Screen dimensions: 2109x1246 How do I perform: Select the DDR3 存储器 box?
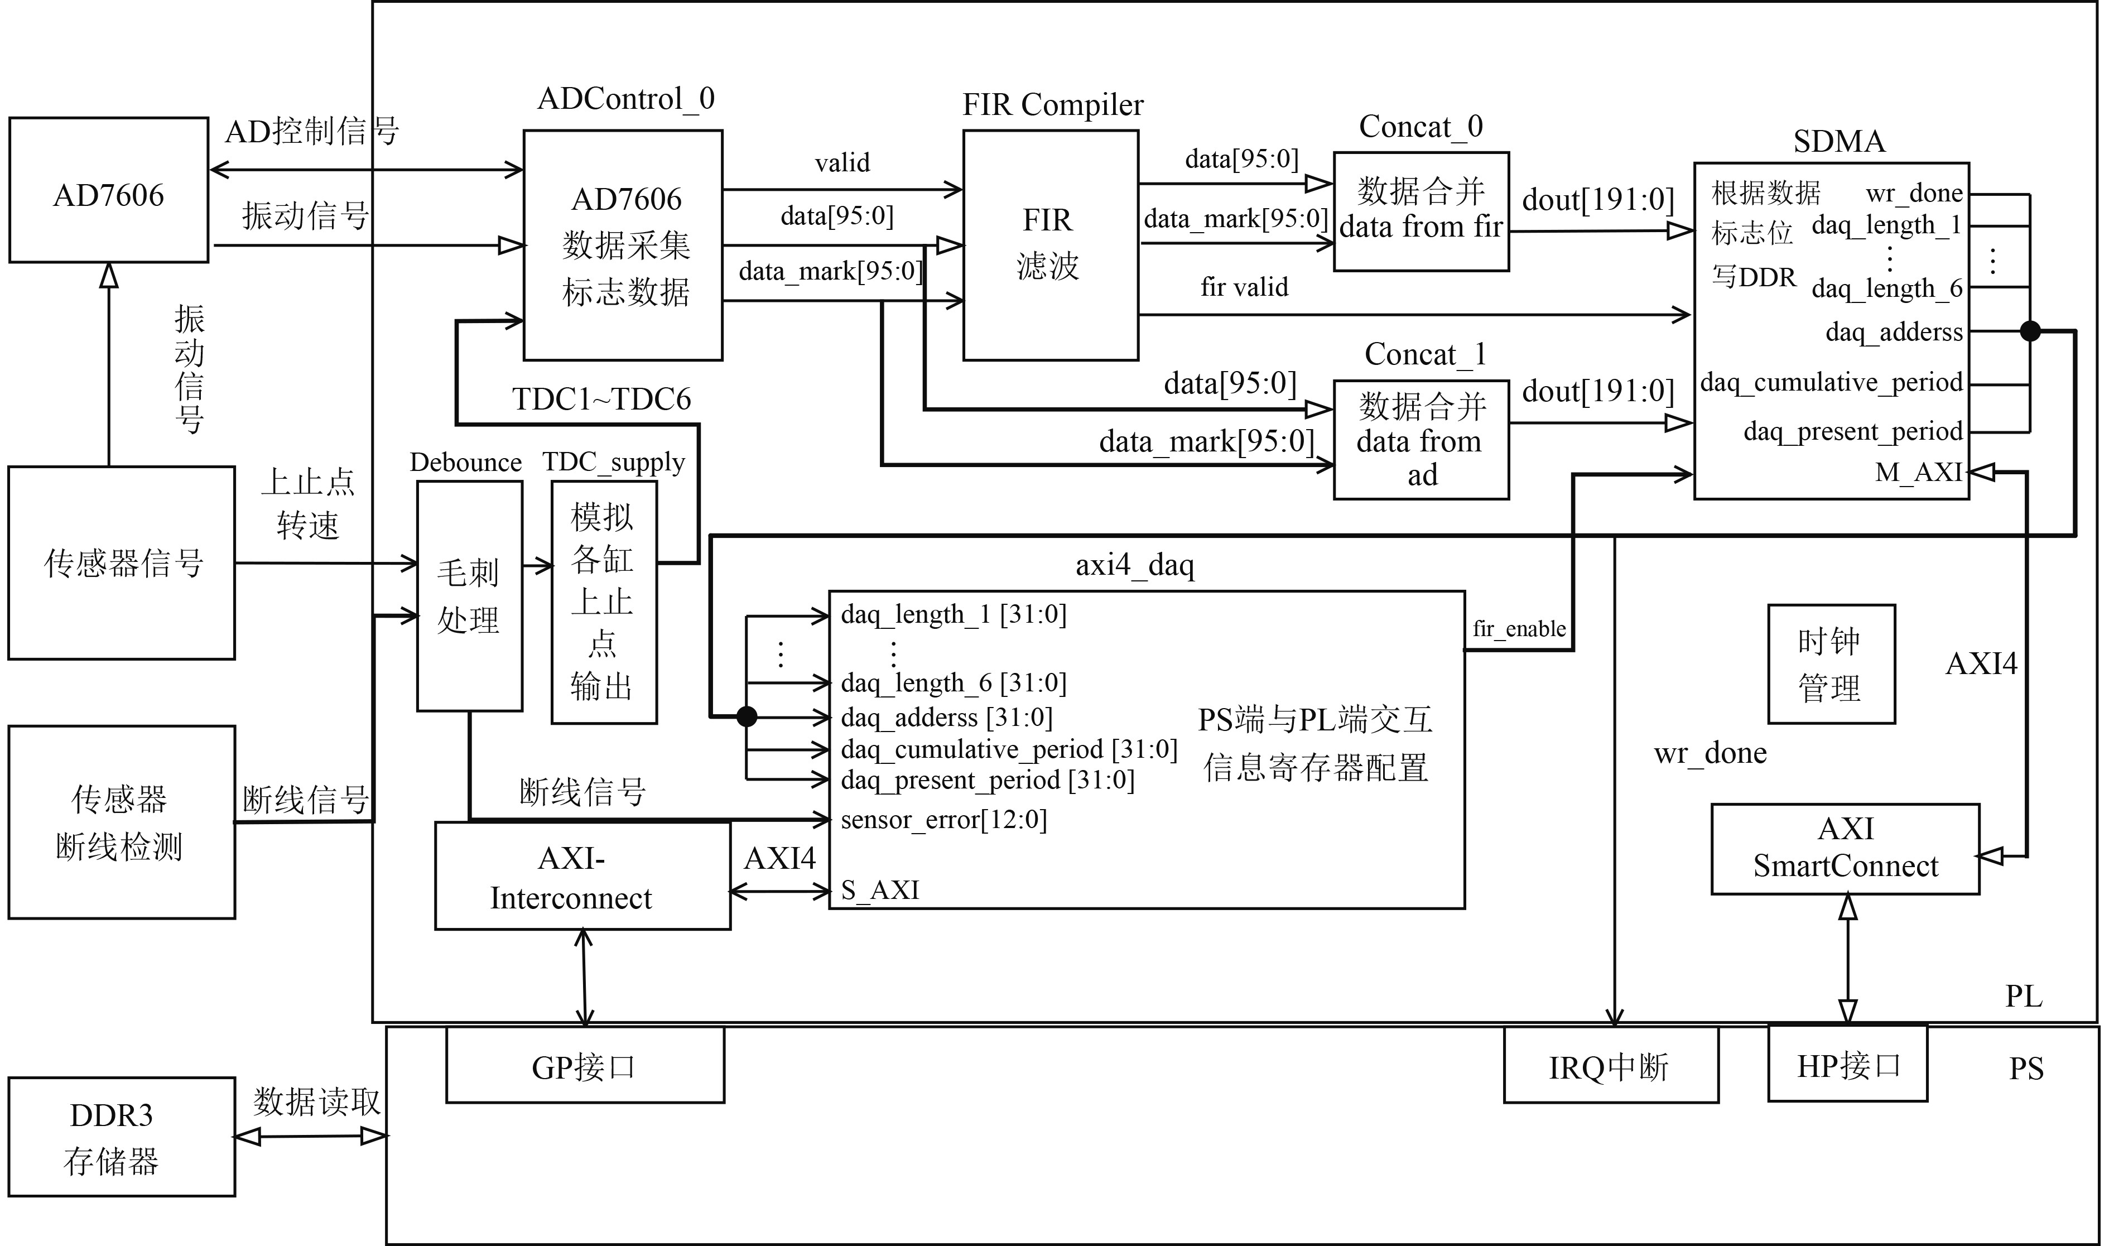[122, 1137]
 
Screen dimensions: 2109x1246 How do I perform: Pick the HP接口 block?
[1847, 1063]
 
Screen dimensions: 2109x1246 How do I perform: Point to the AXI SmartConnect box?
[1846, 849]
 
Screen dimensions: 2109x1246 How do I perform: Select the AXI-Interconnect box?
[582, 875]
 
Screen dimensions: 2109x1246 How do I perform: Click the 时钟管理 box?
[1831, 664]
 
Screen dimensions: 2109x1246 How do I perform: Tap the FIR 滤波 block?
[1050, 245]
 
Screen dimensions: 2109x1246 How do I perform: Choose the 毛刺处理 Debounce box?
[469, 596]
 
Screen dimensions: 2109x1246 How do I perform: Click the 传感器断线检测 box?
[122, 822]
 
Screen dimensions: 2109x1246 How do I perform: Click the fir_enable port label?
[1519, 629]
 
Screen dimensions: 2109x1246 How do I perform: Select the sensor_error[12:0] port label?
[943, 820]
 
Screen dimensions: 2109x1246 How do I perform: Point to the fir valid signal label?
[1244, 287]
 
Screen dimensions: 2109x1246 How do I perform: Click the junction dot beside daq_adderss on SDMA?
[2030, 331]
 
